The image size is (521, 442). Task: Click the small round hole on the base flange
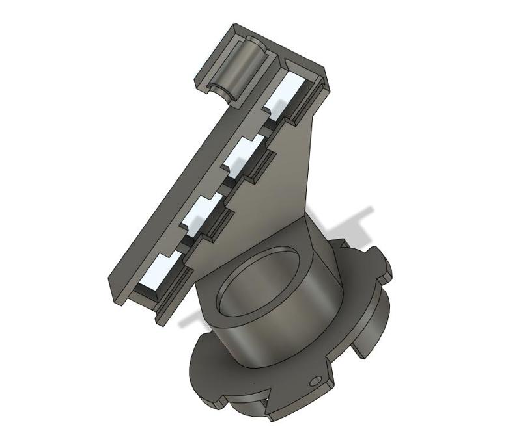[x=317, y=381]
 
